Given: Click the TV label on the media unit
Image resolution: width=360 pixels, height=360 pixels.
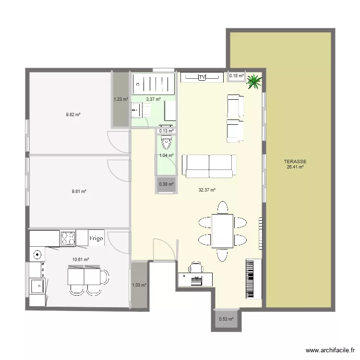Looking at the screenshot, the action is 202,77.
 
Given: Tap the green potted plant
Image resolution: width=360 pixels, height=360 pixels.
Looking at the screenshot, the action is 254,81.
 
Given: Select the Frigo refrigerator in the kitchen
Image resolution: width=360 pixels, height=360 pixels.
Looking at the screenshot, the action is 96,238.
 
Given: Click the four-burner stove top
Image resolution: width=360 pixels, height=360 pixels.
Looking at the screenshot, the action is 68,239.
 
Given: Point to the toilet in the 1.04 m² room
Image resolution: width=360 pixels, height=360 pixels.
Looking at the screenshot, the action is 166,143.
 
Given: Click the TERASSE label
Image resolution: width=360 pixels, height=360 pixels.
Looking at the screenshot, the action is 295,162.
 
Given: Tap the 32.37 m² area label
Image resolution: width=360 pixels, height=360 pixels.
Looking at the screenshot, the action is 207,190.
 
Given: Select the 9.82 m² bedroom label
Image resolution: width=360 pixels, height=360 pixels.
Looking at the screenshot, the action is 73,115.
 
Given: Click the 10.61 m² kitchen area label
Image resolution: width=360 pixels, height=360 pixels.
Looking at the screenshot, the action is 81,260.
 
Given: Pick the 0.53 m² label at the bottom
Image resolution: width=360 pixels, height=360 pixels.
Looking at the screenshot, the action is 226,319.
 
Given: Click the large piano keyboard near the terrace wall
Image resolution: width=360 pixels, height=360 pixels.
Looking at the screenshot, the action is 254,279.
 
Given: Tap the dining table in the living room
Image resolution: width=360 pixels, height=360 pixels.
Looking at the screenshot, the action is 222,231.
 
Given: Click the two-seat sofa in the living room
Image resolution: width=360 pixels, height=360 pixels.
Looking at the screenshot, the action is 209,166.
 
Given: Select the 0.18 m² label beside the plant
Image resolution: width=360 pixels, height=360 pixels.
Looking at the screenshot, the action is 236,76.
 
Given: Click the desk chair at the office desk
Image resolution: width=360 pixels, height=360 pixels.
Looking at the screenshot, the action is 196,267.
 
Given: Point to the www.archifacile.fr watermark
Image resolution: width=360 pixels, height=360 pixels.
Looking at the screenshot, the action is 330,350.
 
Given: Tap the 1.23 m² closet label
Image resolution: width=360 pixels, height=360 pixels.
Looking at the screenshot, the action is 121,99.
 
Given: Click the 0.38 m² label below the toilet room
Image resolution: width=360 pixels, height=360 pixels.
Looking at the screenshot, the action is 166,184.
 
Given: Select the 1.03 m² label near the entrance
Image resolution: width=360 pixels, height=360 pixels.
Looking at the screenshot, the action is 139,285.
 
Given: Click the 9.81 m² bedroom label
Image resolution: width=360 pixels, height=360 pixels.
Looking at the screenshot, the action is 79,191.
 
